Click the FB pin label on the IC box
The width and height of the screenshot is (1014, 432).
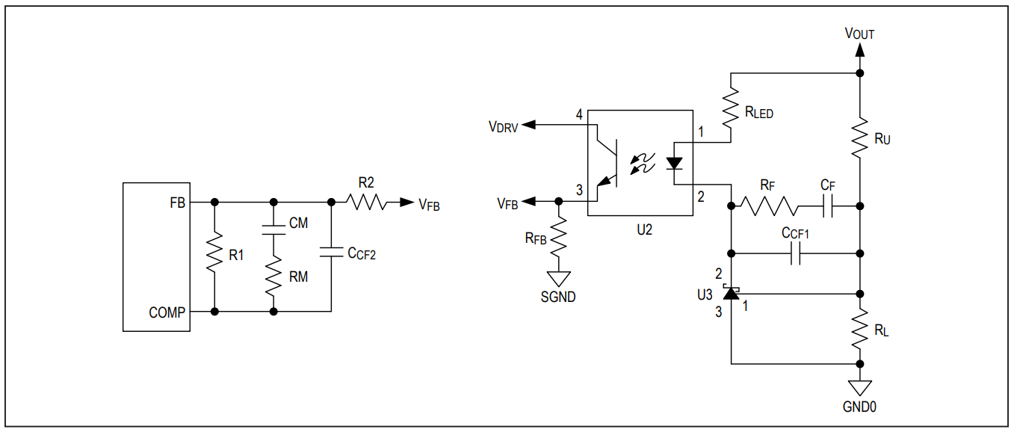(x=177, y=203)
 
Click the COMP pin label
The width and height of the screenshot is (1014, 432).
(x=167, y=312)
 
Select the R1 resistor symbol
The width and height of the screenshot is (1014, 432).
(x=214, y=252)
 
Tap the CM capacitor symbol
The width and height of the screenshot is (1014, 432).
(x=273, y=230)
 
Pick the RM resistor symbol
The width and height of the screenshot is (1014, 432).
(x=273, y=276)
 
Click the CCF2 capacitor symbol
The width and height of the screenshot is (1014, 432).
(x=331, y=252)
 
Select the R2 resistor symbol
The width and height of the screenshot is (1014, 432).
(x=366, y=202)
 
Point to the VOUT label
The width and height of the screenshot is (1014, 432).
(x=859, y=34)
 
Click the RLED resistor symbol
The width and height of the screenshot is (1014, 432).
(x=731, y=108)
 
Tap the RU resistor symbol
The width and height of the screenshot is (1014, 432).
(x=859, y=138)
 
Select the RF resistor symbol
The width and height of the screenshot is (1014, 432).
(x=769, y=206)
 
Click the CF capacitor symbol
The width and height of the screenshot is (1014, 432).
(x=827, y=206)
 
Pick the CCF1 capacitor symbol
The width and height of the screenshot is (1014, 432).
(x=796, y=253)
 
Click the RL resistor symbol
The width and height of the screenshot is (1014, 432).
(x=859, y=329)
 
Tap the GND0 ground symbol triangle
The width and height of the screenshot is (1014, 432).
(x=859, y=388)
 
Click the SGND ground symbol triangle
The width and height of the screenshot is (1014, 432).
(x=559, y=279)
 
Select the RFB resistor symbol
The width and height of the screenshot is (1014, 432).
(x=559, y=237)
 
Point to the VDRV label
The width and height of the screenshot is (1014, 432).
(x=503, y=127)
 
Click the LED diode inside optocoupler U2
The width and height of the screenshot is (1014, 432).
(x=675, y=164)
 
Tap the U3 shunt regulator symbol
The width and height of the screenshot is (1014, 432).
(x=731, y=292)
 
